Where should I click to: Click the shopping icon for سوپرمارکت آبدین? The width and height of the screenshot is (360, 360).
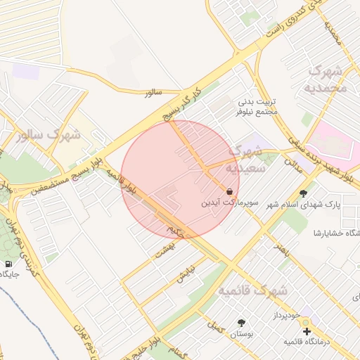[x=230, y=191]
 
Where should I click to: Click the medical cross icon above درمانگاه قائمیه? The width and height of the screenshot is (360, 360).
[x=306, y=330]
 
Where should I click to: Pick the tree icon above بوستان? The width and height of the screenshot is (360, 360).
[x=243, y=323]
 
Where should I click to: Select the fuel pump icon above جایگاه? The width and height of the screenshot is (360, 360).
[x=8, y=264]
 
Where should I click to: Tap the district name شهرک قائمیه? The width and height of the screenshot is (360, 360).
[x=252, y=289]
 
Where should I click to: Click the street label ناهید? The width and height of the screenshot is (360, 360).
[x=282, y=249]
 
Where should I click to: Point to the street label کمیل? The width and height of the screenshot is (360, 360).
[x=214, y=326]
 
